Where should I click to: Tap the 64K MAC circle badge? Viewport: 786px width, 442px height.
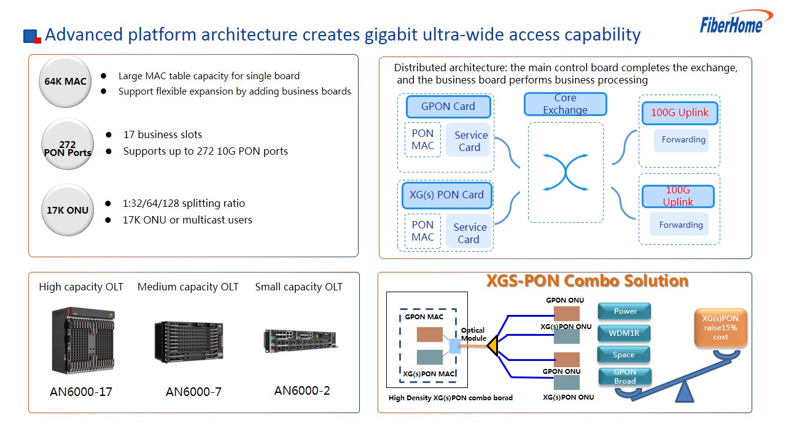tap(65, 82)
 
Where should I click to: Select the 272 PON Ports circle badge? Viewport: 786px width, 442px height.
tap(68, 144)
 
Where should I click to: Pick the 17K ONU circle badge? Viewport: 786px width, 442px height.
tap(68, 210)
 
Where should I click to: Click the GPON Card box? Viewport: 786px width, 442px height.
tap(448, 106)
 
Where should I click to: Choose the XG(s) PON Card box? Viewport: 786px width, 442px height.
tap(446, 195)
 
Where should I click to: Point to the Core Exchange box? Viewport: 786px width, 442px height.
tap(566, 104)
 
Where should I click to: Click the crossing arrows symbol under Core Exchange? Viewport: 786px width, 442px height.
tap(566, 173)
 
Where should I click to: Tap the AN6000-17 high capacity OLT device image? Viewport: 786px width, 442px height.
tap(83, 341)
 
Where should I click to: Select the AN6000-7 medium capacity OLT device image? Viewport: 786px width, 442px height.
tap(189, 342)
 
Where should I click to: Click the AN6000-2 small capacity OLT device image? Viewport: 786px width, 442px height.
tap(300, 341)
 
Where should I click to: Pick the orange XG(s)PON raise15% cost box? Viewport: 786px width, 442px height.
tap(720, 328)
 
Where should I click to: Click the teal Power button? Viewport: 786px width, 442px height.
tap(625, 311)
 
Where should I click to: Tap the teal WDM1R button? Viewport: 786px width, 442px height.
tap(624, 333)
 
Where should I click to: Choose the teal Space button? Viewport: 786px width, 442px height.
tap(623, 355)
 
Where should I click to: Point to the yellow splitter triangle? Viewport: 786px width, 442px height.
tap(493, 346)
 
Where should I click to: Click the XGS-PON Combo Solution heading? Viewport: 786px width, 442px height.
tap(587, 281)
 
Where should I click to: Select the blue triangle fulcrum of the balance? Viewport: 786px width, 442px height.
tap(685, 392)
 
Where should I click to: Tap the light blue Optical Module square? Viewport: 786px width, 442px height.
tap(455, 346)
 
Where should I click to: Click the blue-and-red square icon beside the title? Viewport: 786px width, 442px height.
tap(33, 36)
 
